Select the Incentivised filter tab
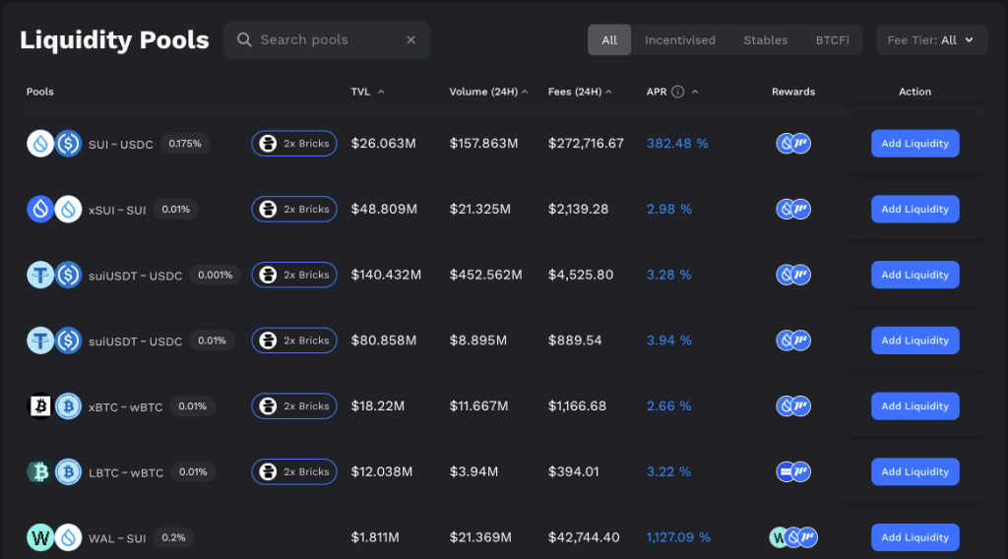click(x=680, y=40)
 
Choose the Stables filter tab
click(x=765, y=40)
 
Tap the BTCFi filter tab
click(x=833, y=40)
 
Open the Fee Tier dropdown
click(x=931, y=40)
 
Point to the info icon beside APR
click(x=677, y=92)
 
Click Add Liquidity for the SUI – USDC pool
click(x=914, y=144)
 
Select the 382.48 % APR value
click(x=677, y=144)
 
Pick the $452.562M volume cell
click(x=485, y=276)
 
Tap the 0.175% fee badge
click(x=185, y=144)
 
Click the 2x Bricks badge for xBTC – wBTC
click(x=294, y=406)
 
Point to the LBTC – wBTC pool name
click(x=126, y=472)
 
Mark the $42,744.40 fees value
click(x=584, y=537)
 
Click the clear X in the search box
click(x=411, y=40)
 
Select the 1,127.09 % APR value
click(x=678, y=537)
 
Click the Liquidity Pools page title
click(x=114, y=40)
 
